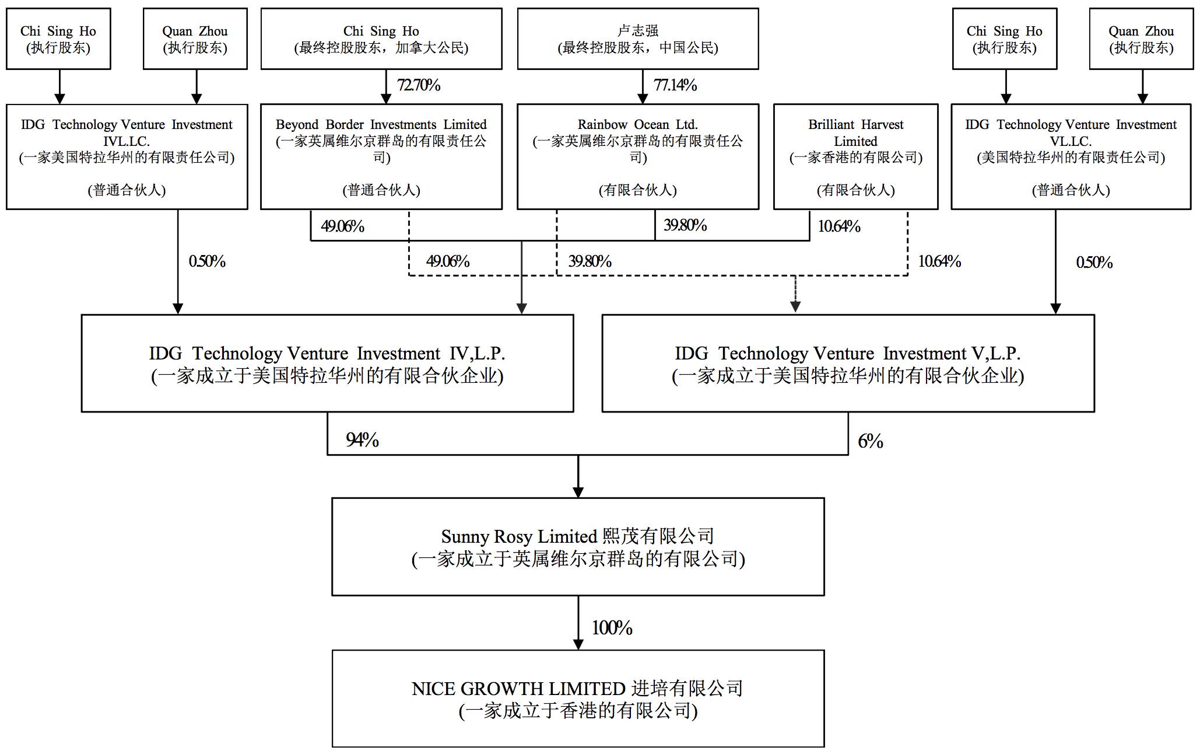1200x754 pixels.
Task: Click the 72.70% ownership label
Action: (419, 85)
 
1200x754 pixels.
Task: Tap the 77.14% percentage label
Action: (675, 85)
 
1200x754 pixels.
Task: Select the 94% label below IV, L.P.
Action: (362, 439)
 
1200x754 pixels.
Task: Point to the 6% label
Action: (870, 441)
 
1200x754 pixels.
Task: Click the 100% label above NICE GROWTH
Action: (612, 628)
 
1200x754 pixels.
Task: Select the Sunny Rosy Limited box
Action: (578, 547)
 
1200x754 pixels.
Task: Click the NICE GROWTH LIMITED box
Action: (578, 699)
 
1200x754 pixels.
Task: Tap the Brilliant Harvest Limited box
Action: (855, 156)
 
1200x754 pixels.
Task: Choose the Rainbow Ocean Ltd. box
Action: (638, 156)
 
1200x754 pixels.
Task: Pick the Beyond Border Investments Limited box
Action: (381, 156)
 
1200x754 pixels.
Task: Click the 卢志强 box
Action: (638, 39)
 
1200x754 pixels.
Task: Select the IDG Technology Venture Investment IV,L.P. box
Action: (327, 364)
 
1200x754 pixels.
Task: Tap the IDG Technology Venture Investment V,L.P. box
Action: (848, 364)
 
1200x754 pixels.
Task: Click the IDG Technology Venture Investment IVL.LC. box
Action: (127, 156)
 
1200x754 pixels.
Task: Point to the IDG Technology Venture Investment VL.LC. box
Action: (1071, 156)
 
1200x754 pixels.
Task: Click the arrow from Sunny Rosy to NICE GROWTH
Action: (578, 623)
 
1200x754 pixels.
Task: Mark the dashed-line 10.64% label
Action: (939, 261)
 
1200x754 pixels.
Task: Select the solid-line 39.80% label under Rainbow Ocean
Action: (685, 225)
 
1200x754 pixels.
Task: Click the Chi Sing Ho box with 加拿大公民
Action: (381, 39)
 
